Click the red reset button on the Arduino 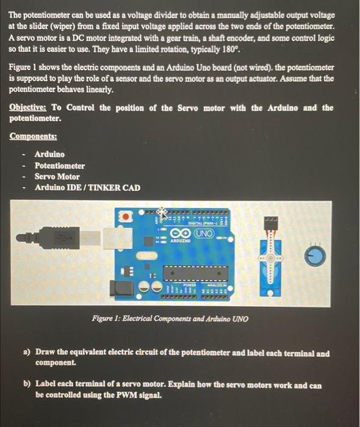pos(126,216)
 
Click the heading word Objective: pos(29,108)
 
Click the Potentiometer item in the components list pos(60,165)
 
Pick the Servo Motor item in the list pos(57,176)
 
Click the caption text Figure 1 pos(107,318)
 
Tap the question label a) pos(26,353)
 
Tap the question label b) pos(26,385)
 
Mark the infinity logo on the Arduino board pos(182,234)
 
